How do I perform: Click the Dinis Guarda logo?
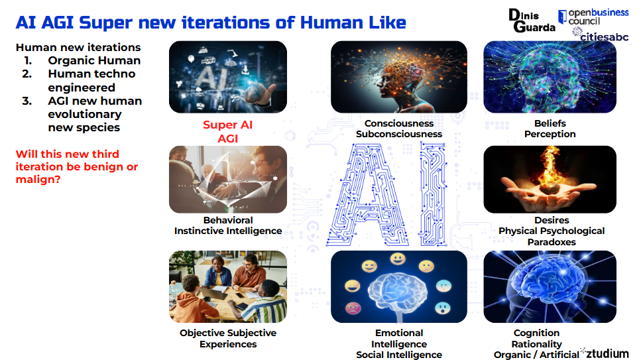tap(532, 21)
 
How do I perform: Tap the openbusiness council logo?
tap(593, 17)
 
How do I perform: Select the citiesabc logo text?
tap(604, 37)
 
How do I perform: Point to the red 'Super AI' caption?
tap(227, 125)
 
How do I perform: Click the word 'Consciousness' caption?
tap(399, 123)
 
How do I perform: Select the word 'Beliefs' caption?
tap(550, 123)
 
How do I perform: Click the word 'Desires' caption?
tap(552, 220)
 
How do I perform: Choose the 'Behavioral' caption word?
tap(228, 220)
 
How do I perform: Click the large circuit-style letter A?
tap(368, 195)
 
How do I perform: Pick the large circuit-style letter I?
tap(433, 194)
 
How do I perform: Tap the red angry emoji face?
tap(353, 308)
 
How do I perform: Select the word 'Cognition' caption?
tap(536, 333)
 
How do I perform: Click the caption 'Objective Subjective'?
tap(228, 333)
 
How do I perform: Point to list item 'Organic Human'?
tap(94, 61)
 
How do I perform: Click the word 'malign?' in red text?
tap(38, 180)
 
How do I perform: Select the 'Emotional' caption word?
tap(399, 333)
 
